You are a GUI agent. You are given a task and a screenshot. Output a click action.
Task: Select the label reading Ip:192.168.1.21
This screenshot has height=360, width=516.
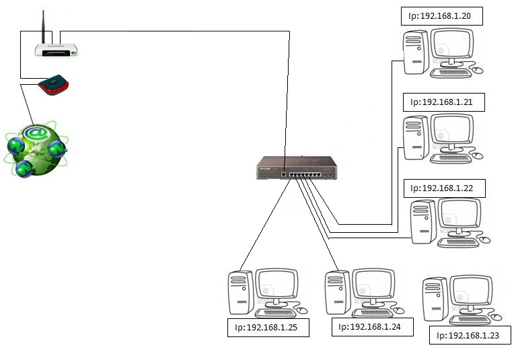tap(441, 102)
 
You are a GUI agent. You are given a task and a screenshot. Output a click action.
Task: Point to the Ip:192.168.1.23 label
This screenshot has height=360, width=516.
tap(467, 335)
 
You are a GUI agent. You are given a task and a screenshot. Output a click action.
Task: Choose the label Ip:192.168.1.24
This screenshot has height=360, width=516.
tap(369, 327)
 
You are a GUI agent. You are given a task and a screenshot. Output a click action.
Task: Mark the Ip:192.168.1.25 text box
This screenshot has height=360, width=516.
tap(267, 328)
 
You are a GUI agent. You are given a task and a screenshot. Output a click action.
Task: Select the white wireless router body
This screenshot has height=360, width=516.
tap(57, 50)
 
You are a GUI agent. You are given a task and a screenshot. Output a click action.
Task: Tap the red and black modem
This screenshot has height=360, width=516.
tap(53, 85)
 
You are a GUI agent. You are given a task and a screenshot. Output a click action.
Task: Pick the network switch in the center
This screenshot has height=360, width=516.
tap(297, 168)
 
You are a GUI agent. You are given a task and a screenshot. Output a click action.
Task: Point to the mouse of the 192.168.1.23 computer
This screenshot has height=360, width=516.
tap(496, 317)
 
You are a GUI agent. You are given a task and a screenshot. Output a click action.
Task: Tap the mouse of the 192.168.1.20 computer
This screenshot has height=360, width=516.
tap(478, 70)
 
